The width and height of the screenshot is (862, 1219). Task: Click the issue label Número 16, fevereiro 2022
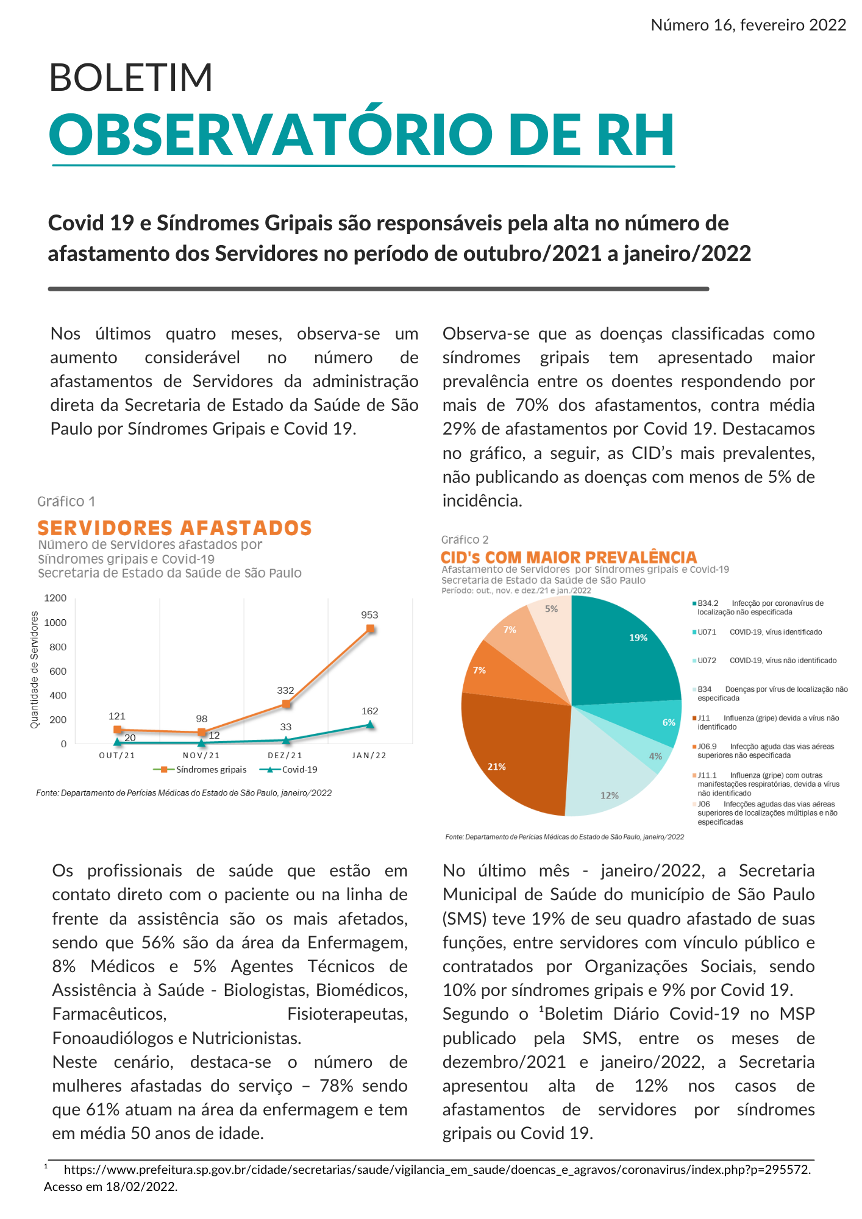748,25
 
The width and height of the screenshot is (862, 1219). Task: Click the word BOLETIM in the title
130,77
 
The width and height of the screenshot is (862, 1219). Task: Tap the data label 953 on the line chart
369,616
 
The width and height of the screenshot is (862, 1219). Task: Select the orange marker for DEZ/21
286,704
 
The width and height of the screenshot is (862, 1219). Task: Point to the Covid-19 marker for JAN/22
370,725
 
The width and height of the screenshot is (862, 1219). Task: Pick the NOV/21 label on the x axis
201,756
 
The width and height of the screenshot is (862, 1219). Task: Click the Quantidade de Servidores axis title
35,670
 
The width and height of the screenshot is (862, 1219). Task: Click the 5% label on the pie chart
551,609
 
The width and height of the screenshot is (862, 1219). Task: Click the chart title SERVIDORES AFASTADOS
174,528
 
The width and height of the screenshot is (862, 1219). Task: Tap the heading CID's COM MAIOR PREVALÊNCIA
568,557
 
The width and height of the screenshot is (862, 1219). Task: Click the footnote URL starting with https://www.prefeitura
436,1170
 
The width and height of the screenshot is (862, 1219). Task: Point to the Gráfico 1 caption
66,502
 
